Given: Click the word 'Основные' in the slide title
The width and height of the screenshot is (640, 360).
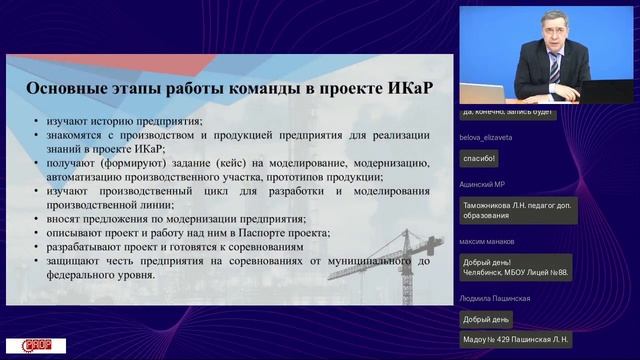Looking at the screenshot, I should pyautogui.click(x=67, y=90).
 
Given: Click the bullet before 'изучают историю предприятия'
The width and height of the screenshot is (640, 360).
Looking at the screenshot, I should pyautogui.click(x=37, y=122).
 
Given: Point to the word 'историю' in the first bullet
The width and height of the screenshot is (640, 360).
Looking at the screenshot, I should pyautogui.click(x=126, y=122).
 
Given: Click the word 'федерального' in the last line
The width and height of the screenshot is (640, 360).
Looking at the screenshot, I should pyautogui.click(x=87, y=275).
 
